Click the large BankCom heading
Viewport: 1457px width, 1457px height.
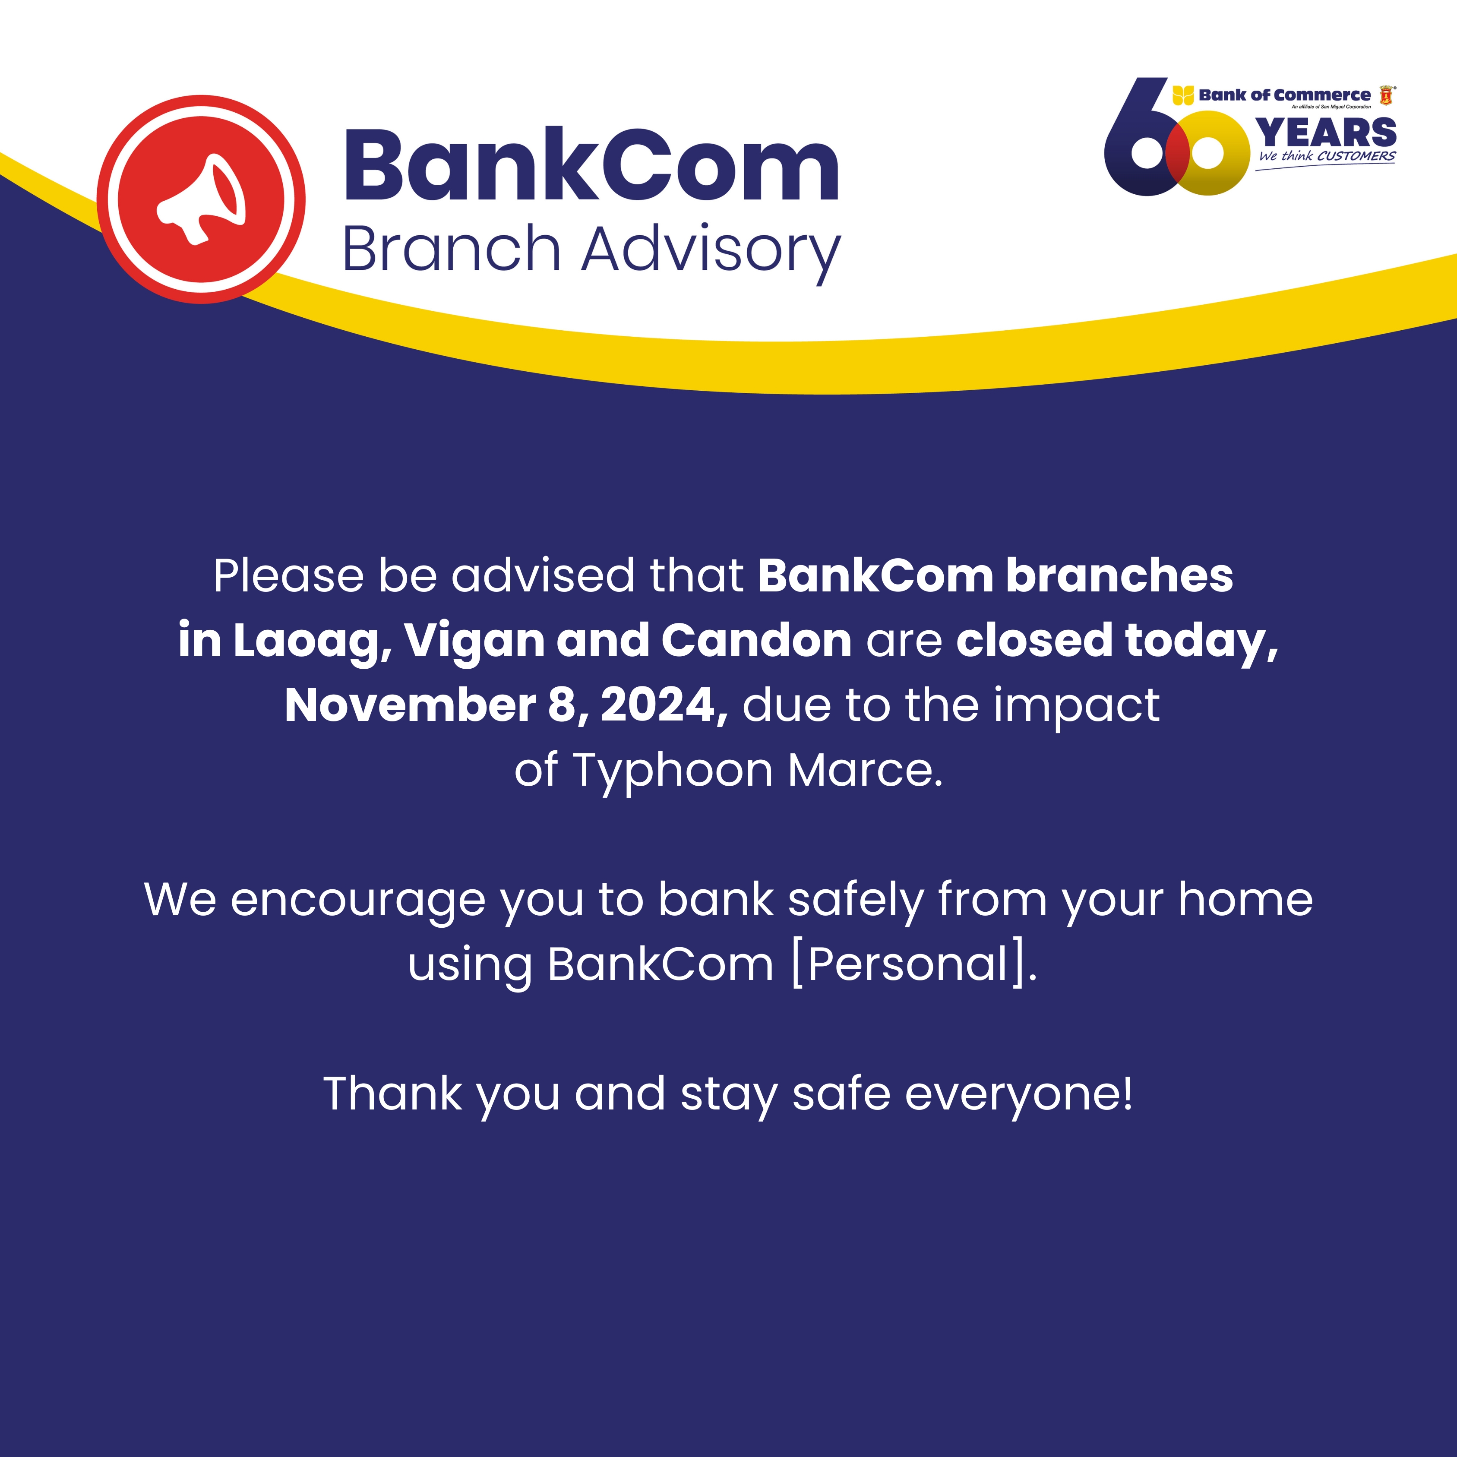[592, 165]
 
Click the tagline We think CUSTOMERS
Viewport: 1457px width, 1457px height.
[1327, 156]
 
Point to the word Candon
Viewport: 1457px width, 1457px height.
[756, 641]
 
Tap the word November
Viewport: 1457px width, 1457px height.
[410, 706]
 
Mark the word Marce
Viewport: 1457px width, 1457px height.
[865, 771]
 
